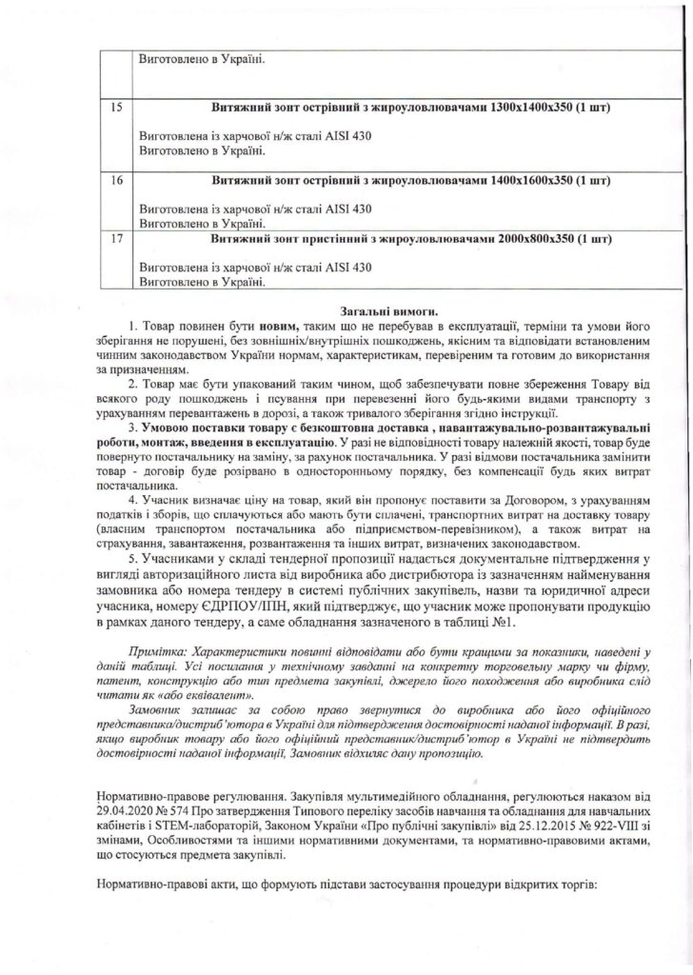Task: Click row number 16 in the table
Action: coord(117,179)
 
